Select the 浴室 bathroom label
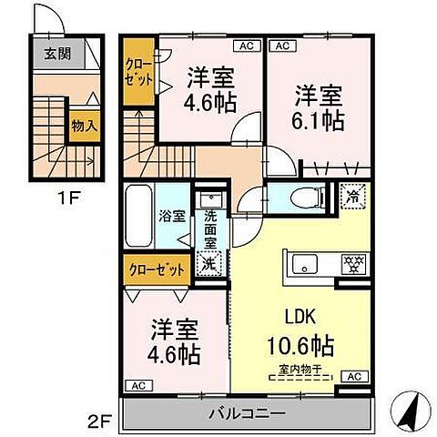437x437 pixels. [172, 218]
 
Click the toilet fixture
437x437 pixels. [300, 197]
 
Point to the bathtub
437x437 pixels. [138, 215]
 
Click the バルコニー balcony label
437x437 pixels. [249, 413]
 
